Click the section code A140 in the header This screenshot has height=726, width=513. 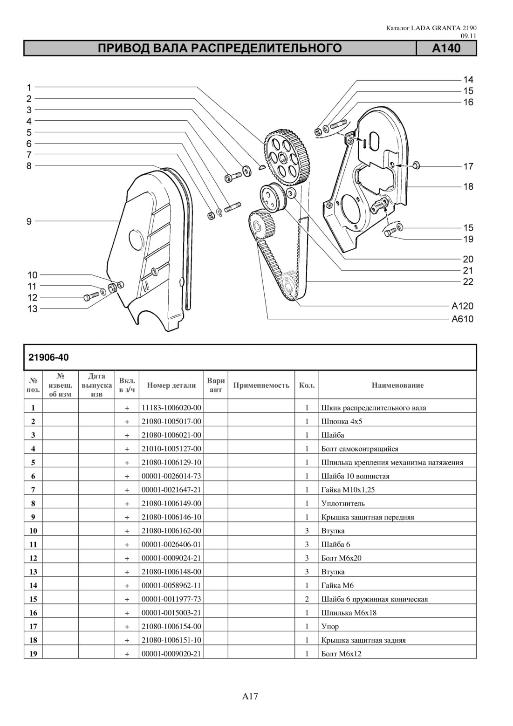446,48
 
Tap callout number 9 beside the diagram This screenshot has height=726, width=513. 29,222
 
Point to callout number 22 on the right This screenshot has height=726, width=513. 468,281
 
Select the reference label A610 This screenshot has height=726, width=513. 463,319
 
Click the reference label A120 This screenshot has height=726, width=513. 463,306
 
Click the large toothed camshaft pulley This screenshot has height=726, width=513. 287,157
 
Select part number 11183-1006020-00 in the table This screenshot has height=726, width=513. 171,408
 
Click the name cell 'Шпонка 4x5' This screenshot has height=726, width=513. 342,421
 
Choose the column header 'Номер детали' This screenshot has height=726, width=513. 171,385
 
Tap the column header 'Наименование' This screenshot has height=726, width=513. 397,385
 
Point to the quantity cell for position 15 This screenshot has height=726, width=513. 307,599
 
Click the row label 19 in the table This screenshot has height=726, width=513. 34,654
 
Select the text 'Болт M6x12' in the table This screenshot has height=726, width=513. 341,654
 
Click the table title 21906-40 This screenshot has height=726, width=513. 48,357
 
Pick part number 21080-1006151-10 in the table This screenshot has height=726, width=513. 171,640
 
